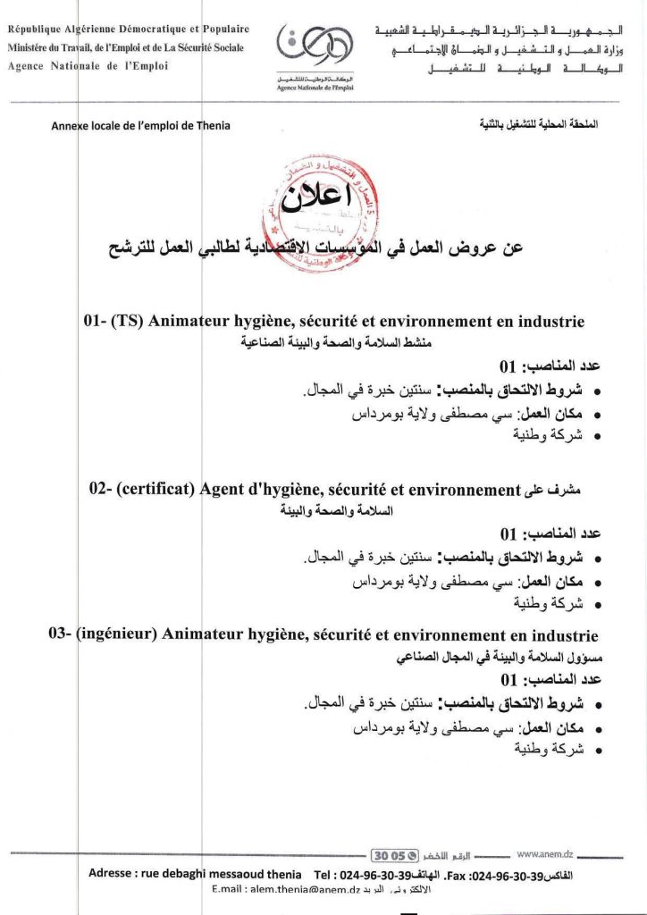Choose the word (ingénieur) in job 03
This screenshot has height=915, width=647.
point(116,635)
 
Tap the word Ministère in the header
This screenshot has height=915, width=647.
point(32,47)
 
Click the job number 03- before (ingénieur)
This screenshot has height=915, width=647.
point(60,635)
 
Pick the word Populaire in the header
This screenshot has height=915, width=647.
point(220,29)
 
